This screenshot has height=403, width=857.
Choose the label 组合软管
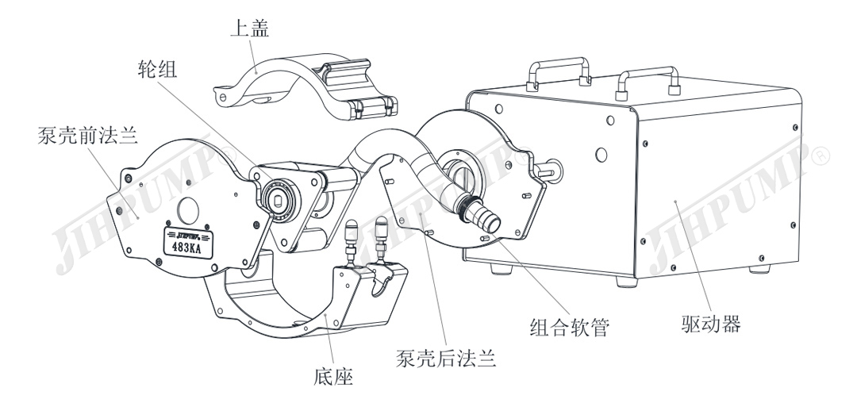coord(569,325)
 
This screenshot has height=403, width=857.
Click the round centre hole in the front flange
coord(189,208)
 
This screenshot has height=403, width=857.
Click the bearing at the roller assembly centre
coord(279,195)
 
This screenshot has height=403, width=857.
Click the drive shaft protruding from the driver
coord(547,170)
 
